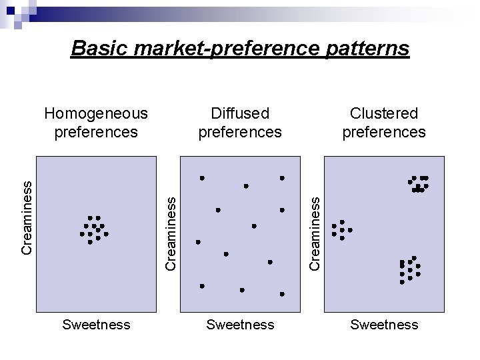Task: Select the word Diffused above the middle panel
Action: (240, 114)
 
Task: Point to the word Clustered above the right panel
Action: (384, 114)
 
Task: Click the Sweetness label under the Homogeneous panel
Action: (95, 325)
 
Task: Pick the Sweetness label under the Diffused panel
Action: (240, 325)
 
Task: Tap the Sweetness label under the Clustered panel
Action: (384, 325)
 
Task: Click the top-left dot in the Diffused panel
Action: (202, 178)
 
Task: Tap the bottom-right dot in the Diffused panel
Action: (282, 294)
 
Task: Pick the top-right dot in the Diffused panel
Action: (282, 178)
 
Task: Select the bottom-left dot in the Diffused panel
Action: (202, 286)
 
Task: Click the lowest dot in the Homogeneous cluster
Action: (90, 242)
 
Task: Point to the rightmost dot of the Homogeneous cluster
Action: (106, 234)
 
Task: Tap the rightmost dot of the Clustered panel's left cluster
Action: (350, 230)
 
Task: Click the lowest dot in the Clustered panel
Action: (402, 282)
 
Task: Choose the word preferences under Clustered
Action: (384, 132)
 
